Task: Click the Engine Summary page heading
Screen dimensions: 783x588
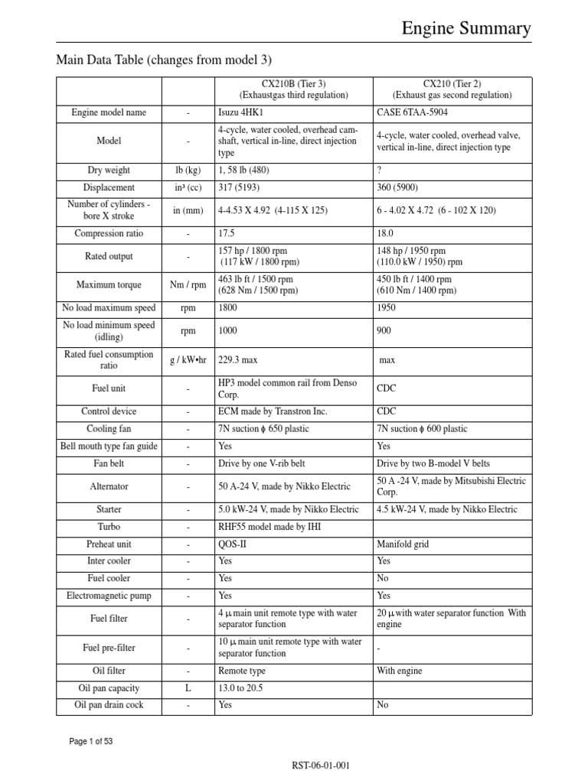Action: coord(466,29)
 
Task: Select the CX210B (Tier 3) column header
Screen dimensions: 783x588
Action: coord(293,89)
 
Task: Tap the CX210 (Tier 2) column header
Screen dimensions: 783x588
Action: coord(452,89)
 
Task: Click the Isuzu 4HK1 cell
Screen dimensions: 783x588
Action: coord(240,112)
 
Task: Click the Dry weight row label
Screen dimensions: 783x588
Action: coord(109,170)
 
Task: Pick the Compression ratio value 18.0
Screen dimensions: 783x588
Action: coord(385,233)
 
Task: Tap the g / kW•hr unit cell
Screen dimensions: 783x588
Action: coord(188,359)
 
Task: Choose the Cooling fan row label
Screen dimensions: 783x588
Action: coord(109,429)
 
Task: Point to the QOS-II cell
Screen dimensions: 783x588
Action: coord(231,544)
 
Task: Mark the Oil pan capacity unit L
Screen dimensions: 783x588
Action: coord(188,688)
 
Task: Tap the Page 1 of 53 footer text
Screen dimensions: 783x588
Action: coord(91,741)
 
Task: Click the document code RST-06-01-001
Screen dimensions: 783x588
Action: coord(320,765)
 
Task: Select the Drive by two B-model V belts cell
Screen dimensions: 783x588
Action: coord(433,463)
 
